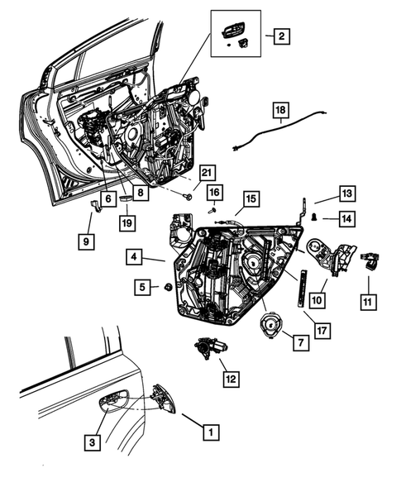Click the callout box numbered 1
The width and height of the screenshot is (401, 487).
[x=212, y=431]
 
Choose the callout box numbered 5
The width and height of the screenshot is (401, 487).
[x=143, y=287]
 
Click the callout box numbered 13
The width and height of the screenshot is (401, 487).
[x=346, y=193]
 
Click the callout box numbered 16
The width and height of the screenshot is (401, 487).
[x=213, y=193]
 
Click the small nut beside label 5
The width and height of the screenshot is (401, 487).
[x=168, y=287]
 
